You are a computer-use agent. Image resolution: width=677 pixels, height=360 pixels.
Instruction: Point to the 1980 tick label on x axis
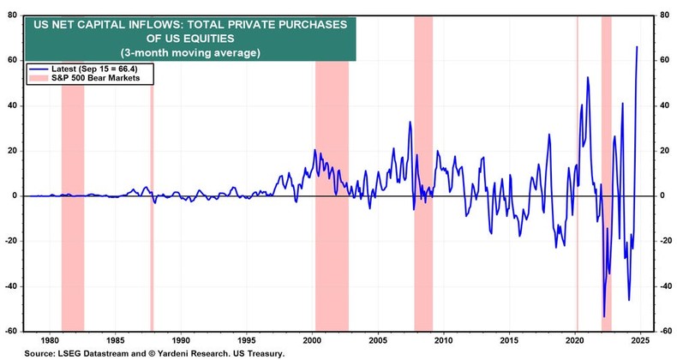50,339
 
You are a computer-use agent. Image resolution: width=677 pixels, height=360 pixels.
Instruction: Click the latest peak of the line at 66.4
637,46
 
